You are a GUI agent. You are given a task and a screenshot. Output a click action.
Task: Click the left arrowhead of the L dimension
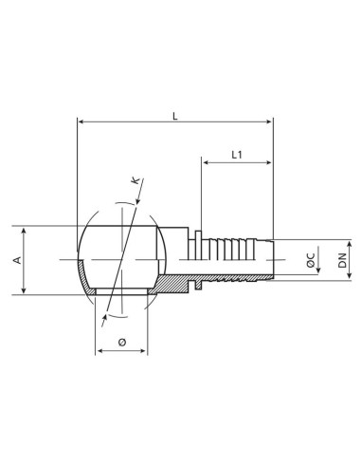(81, 122)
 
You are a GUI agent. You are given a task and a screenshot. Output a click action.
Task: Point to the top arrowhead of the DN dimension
(331, 241)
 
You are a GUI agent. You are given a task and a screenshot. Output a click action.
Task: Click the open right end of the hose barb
(272, 260)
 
